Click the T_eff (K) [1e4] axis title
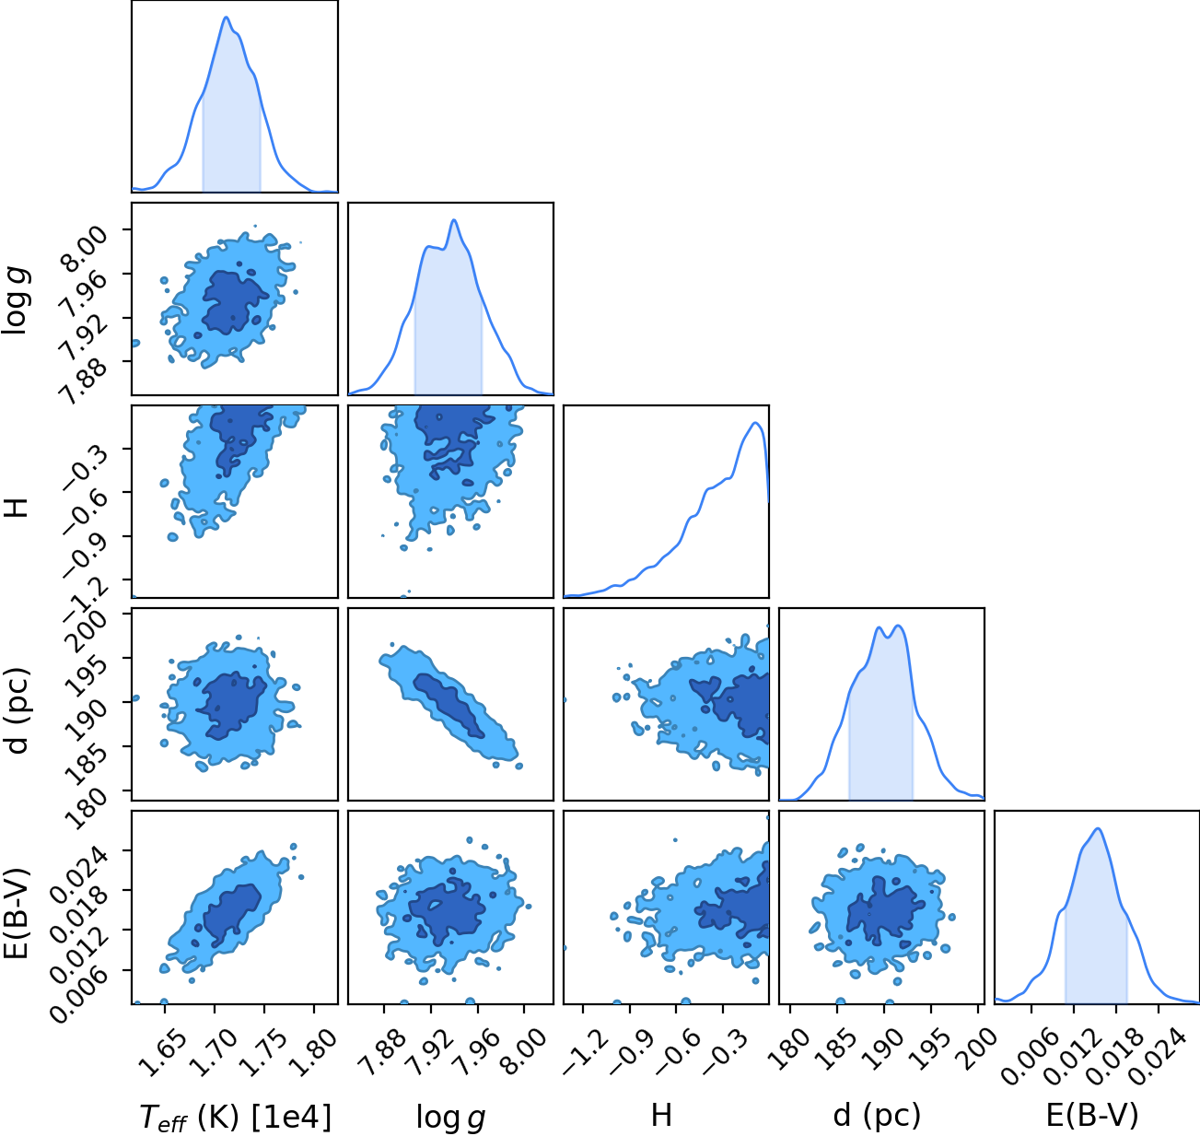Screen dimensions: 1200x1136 236,1117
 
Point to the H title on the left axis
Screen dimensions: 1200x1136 17,507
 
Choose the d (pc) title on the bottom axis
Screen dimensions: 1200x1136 877,1117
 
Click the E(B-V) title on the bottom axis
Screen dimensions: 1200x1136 1092,1116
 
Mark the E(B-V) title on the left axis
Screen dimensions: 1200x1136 17,912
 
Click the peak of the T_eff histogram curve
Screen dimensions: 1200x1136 226,17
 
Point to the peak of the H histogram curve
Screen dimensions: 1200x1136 756,423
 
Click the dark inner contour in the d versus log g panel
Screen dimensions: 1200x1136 449,706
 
